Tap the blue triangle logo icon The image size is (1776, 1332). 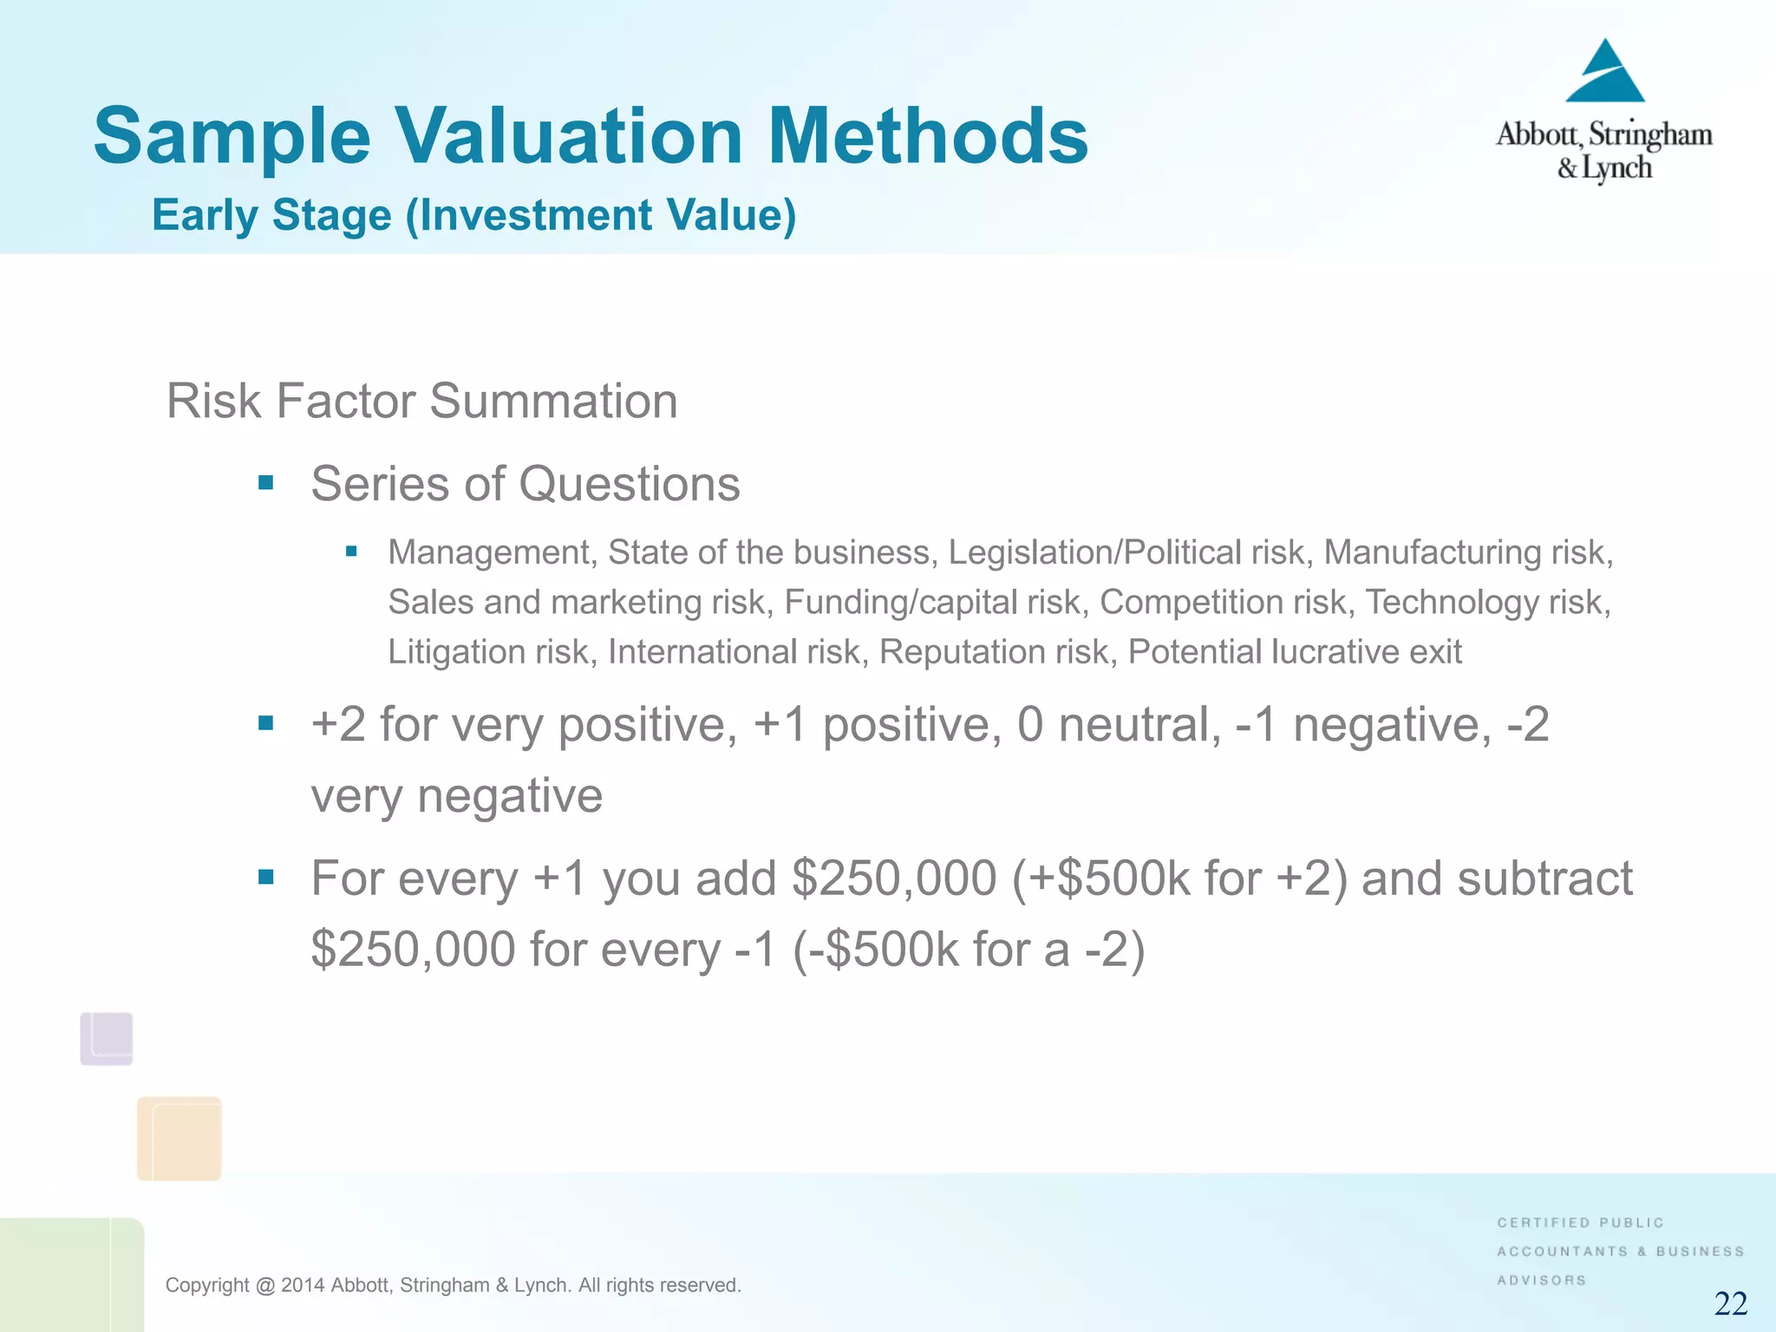tap(1605, 74)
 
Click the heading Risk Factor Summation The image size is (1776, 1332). tap(421, 401)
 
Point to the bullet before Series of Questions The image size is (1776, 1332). tap(266, 483)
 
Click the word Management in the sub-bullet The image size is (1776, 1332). tap(490, 552)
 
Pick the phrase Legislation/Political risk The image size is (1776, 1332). tap(1130, 552)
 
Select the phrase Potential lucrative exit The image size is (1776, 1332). tap(1294, 651)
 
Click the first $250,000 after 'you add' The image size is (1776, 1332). tap(894, 878)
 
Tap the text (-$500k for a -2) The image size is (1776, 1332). tap(969, 949)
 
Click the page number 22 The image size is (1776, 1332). tap(1730, 1303)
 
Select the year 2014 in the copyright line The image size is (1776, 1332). tap(303, 1285)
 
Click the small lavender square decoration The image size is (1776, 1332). tap(107, 1038)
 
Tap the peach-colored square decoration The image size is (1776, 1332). tap(179, 1138)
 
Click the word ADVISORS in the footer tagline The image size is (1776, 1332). tap(1541, 1280)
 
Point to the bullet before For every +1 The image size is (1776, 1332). tap(266, 878)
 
